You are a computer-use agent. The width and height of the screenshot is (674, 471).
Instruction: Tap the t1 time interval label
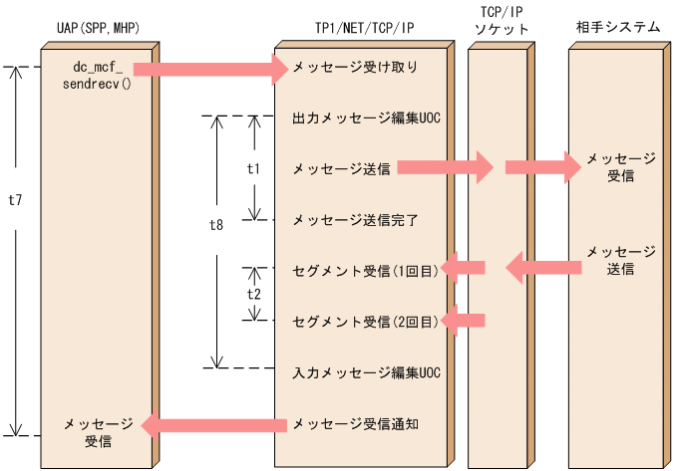tap(253, 168)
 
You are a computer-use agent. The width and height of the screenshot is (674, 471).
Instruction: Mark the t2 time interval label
tap(253, 295)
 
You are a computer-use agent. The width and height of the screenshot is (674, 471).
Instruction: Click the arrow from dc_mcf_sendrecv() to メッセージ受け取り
tap(209, 69)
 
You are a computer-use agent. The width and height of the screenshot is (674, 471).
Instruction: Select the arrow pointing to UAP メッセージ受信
tap(214, 425)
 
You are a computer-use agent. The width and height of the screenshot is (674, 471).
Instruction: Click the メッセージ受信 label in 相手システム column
tap(621, 167)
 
